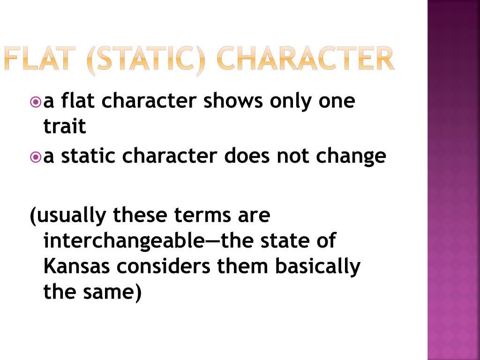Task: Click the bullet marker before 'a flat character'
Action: (x=36, y=102)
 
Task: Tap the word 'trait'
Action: (x=65, y=126)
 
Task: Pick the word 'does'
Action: (x=247, y=156)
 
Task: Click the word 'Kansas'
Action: (x=76, y=266)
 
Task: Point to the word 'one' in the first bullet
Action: (x=337, y=102)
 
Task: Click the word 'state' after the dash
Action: (x=285, y=241)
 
